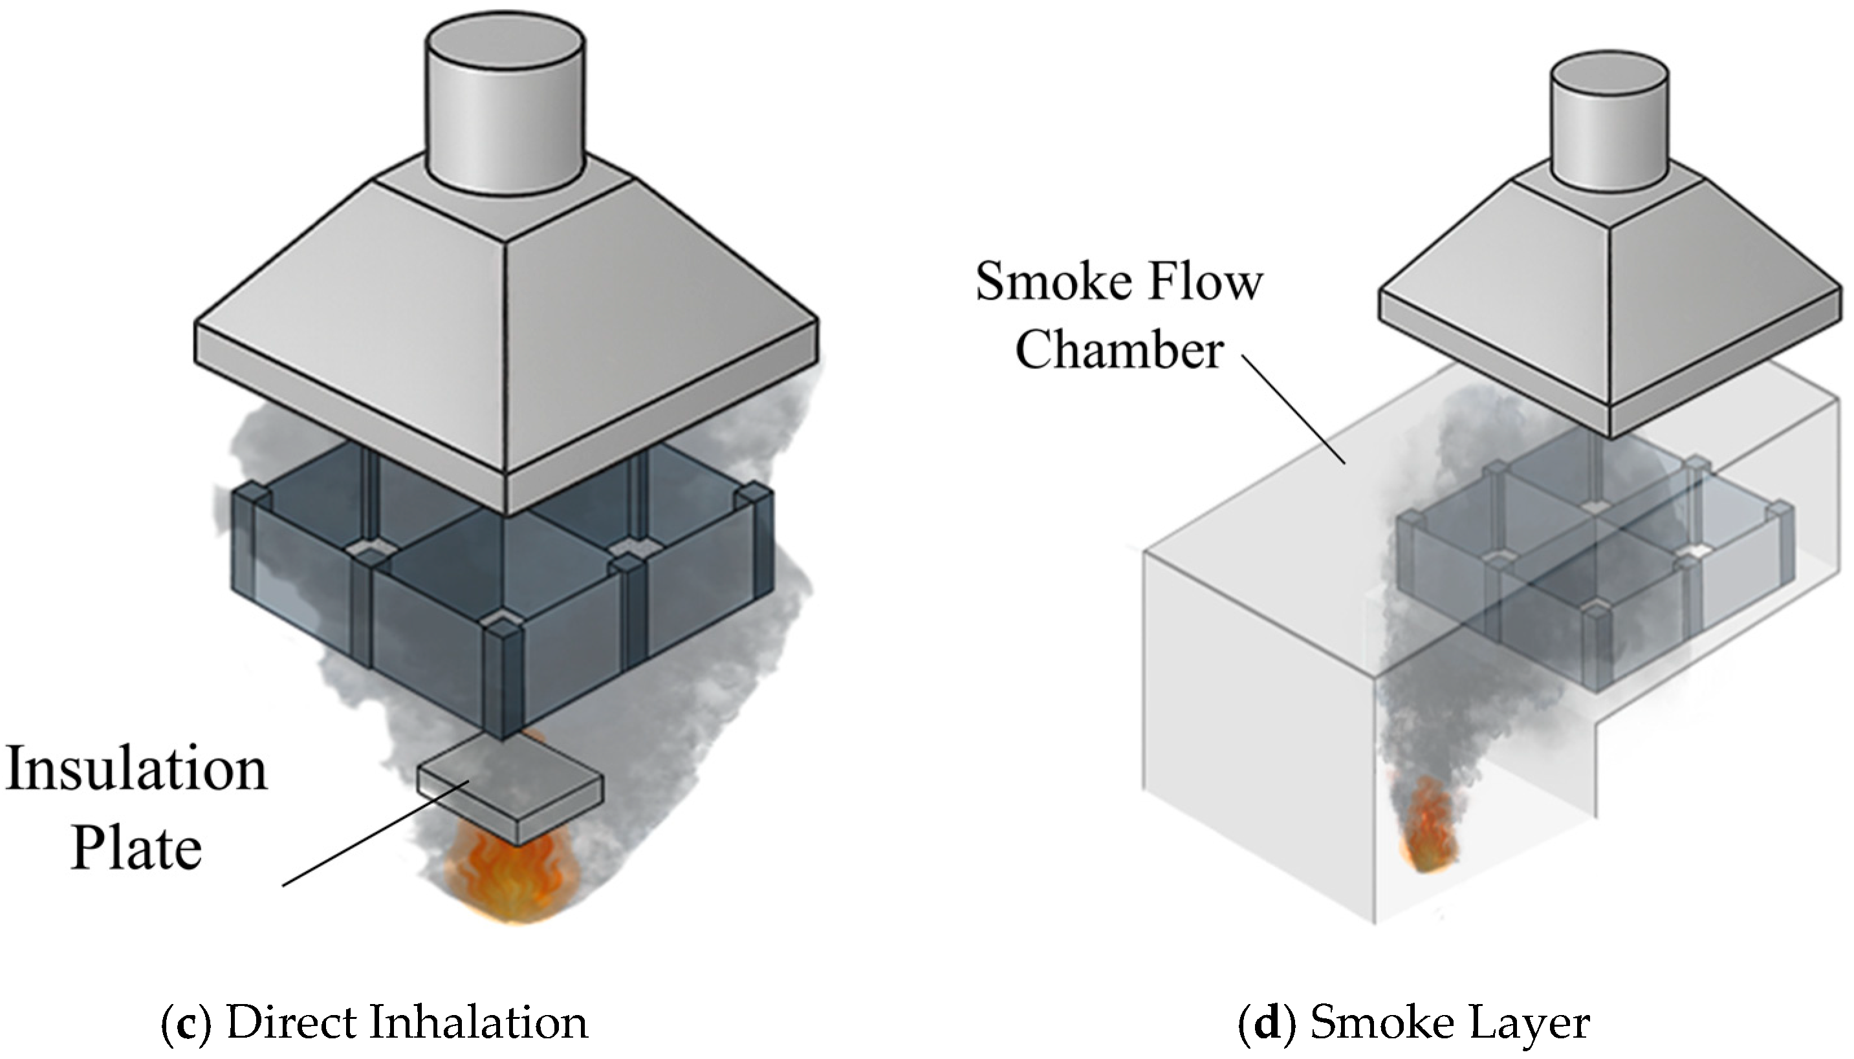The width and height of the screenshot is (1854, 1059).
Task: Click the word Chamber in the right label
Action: click(x=1119, y=350)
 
